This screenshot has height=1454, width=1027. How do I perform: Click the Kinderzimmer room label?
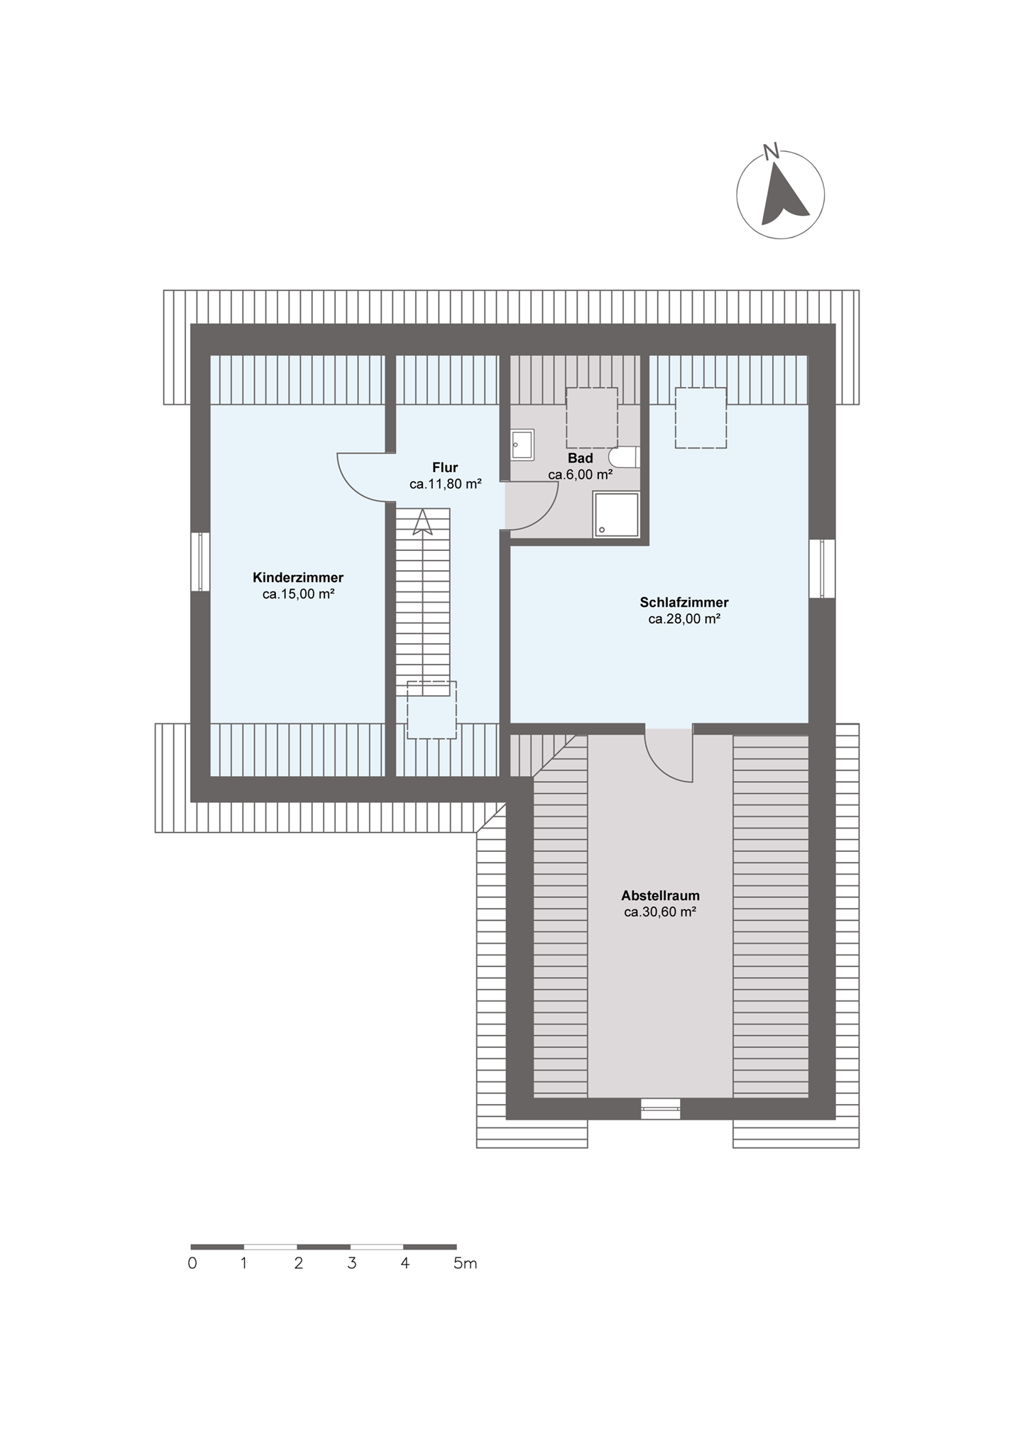click(298, 577)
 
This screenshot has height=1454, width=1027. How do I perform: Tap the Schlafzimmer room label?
click(684, 603)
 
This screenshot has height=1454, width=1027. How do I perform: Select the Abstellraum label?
click(660, 895)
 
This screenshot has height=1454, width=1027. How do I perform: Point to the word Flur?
click(445, 467)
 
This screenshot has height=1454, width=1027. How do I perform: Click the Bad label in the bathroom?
click(580, 459)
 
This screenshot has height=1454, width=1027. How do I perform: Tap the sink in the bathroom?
click(522, 445)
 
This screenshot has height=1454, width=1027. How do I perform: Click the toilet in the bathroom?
click(625, 457)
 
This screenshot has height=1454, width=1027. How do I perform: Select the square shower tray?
click(616, 515)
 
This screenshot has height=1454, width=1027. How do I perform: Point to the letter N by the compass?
click(771, 151)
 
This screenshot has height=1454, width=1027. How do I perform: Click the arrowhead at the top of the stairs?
click(423, 521)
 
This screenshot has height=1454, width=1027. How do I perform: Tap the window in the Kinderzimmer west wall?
click(201, 562)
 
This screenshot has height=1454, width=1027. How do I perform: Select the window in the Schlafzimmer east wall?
click(822, 568)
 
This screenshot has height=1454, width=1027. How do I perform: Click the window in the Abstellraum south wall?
click(660, 1108)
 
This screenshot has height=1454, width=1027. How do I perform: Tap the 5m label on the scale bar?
click(466, 1264)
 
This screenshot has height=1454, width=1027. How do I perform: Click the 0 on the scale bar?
click(192, 1264)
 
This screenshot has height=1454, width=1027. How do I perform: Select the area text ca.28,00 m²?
click(684, 619)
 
